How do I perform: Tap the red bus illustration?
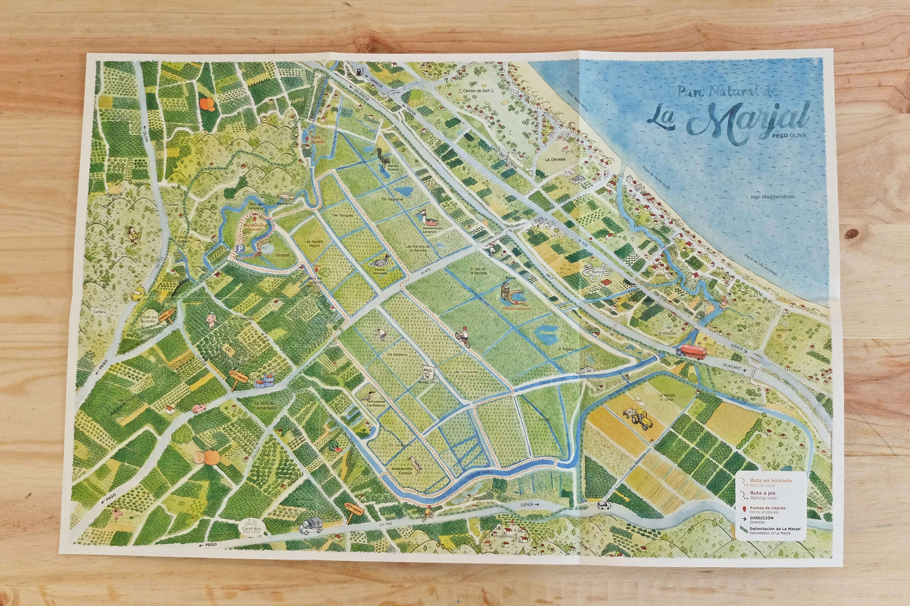point(691,351)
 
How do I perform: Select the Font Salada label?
point(318,139)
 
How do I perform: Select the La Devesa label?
point(555,159)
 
